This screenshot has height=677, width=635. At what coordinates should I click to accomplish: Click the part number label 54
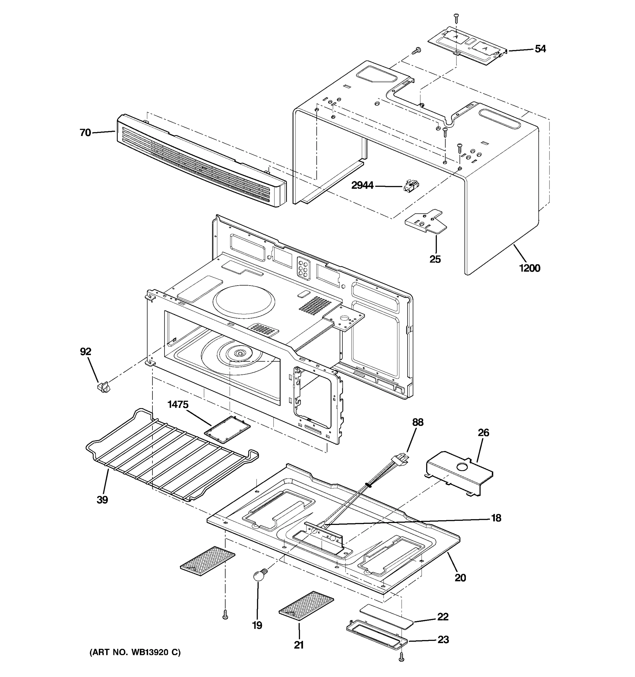[540, 49]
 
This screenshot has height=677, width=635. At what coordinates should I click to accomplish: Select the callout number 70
[85, 133]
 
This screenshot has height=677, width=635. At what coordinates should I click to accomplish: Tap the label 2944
[362, 186]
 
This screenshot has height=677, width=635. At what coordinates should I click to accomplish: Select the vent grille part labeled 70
[201, 160]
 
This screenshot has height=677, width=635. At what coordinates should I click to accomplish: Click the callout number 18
[496, 518]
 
